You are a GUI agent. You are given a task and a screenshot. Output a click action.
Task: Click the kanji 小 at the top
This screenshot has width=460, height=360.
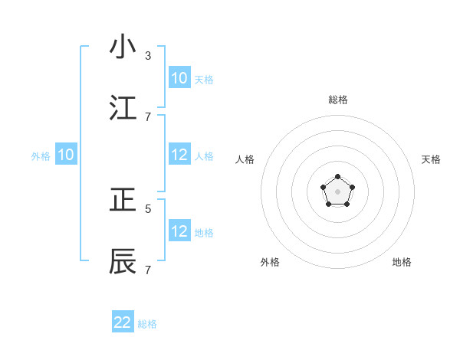click(123, 47)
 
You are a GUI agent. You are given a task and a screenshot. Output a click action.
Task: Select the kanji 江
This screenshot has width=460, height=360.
click(123, 106)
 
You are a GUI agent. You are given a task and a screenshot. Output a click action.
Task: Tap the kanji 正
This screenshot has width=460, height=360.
click(123, 200)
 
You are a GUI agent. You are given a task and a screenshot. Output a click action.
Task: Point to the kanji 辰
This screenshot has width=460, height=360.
click(123, 261)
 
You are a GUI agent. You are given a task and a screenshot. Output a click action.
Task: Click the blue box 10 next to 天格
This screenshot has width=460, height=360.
click(179, 78)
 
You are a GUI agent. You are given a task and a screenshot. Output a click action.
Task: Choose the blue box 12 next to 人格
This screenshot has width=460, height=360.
click(179, 155)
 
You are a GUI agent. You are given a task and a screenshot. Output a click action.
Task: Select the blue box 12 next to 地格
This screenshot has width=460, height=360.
click(179, 231)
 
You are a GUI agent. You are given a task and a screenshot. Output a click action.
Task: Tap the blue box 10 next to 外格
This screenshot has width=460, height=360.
click(66, 155)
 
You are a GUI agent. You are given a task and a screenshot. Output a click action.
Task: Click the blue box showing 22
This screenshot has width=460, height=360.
click(123, 322)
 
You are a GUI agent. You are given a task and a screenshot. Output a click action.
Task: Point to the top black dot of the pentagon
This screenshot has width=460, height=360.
click(337, 177)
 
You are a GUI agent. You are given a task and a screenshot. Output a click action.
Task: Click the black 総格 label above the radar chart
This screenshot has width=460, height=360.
click(338, 100)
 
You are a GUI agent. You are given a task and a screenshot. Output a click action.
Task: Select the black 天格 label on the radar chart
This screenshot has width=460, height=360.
click(431, 159)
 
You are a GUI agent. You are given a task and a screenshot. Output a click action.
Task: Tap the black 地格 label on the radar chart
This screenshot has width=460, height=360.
click(402, 262)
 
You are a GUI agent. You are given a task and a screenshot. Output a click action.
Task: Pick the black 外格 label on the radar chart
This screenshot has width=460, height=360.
click(270, 262)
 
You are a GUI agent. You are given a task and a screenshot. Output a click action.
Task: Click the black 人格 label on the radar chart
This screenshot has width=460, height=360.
click(245, 159)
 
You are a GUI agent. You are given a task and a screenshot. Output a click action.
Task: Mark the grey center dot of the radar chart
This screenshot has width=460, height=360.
click(337, 191)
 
